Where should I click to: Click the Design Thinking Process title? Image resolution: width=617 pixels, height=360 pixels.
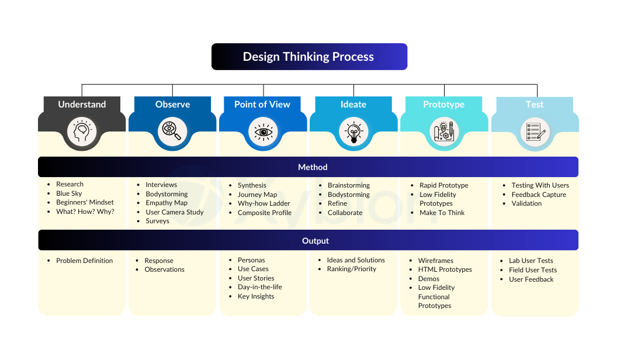coord(308,57)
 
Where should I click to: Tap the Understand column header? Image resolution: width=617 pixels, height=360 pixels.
coord(82,104)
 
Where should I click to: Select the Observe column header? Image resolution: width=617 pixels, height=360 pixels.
coord(172,104)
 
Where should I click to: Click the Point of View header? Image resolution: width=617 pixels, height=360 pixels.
coord(262,104)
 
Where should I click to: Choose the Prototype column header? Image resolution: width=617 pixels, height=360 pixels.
coord(444,104)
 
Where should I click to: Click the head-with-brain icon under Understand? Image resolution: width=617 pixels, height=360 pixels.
coord(82,132)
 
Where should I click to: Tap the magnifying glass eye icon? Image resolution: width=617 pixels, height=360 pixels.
coord(172,131)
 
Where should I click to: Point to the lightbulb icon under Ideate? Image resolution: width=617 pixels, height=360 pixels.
coord(353,132)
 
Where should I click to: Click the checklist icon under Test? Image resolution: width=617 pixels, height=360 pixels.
coord(535,132)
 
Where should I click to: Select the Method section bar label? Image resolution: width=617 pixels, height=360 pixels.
coord(313,167)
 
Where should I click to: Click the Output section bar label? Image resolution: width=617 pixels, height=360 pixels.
coord(315,241)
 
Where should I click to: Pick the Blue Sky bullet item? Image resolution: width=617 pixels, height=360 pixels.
coord(69,193)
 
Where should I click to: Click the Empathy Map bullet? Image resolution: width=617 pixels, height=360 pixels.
coord(167,203)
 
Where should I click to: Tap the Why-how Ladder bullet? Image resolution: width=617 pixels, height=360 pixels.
coord(264,203)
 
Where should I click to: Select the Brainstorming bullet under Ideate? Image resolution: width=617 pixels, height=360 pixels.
coord(349,185)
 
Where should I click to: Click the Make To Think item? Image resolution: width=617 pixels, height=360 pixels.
coord(442,213)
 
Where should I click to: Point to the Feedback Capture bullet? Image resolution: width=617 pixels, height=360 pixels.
coord(539,195)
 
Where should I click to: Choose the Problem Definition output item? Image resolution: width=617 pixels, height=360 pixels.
coord(84,261)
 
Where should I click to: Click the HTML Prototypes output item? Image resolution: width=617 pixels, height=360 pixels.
coord(445,269)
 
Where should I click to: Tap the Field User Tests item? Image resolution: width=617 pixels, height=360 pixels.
coord(533,270)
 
